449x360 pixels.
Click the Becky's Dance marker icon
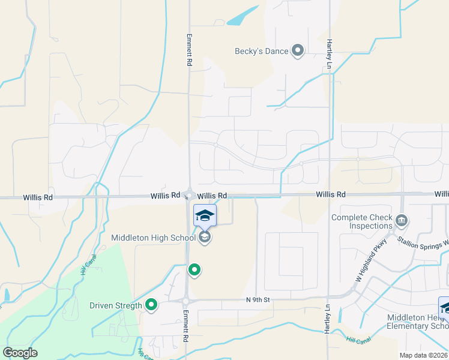pos(298,51)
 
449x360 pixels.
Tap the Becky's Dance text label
pos(261,52)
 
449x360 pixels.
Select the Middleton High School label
pos(153,238)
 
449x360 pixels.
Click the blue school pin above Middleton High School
pos(205,215)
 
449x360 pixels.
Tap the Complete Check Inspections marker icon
pos(402,222)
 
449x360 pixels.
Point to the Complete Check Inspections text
pos(362,222)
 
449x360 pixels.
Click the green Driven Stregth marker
pos(151,305)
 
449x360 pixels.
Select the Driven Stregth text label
pos(116,305)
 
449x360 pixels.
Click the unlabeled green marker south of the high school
pos(194,271)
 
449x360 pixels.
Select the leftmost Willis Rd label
pos(38,197)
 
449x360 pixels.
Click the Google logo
pos(20,353)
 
